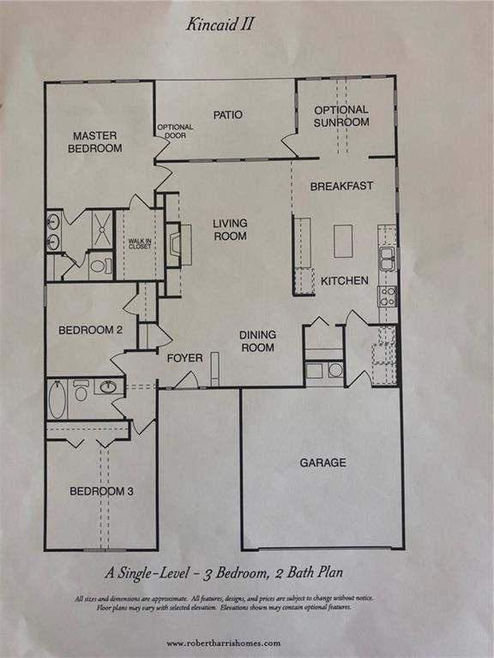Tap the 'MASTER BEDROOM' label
coord(96,142)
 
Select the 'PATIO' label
coord(227,115)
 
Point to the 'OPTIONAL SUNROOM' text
coord(341,116)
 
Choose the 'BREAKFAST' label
coord(341,186)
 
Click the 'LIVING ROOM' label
coord(230,230)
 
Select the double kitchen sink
coord(388,258)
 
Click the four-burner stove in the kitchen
coord(388,296)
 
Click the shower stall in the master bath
coord(101,227)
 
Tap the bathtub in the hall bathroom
coord(57,399)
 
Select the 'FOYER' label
coord(184,357)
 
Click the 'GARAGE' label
coord(322,463)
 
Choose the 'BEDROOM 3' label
coord(101,492)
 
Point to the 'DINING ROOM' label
coord(257,342)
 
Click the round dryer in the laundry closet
coord(335,371)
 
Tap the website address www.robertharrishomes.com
coord(223,643)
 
